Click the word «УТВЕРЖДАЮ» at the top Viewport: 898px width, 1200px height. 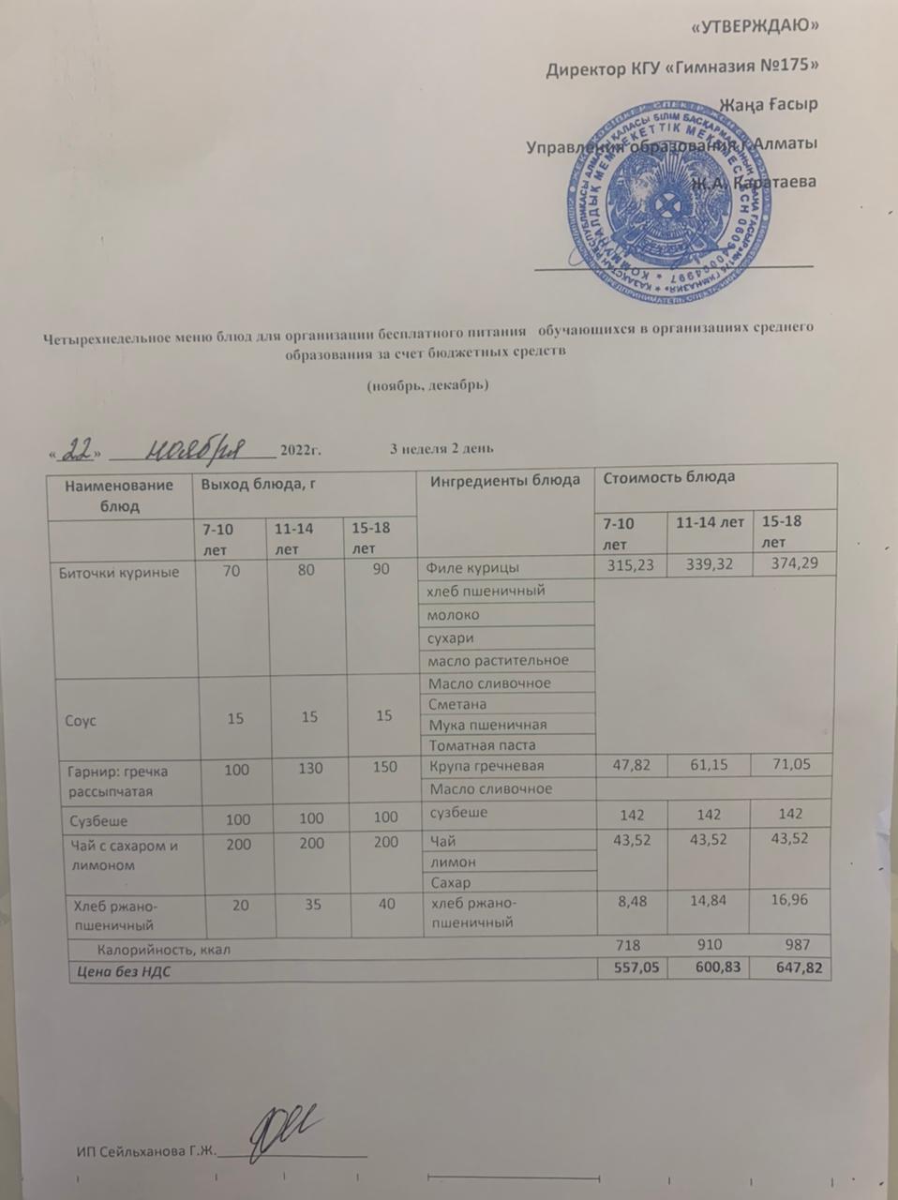[754, 26]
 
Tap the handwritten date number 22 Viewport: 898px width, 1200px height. [77, 451]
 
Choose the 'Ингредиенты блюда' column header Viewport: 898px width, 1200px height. [504, 480]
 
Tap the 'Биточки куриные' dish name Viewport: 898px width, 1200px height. [119, 571]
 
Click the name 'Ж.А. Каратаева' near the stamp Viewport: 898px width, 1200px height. [754, 181]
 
